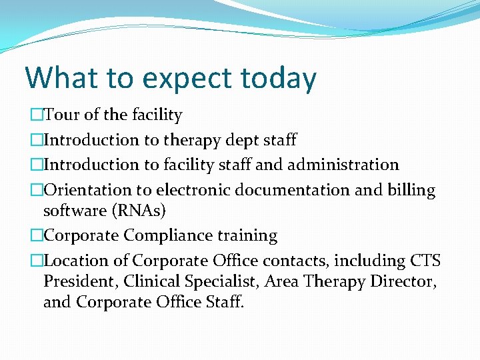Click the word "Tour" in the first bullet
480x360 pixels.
(x=62, y=115)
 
